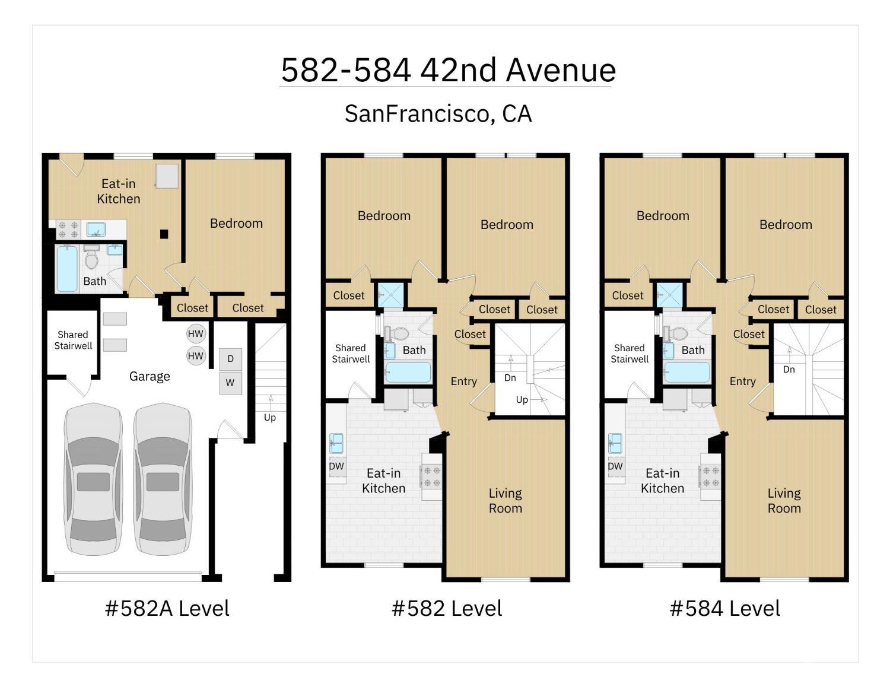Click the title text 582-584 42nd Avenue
pos(448,70)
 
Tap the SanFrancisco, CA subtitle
pos(438,114)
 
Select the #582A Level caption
pos(167,608)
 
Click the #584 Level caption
pos(724,608)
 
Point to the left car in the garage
pos(93,479)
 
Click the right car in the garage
pos(163,479)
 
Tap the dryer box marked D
pos(230,358)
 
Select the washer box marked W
pos(230,383)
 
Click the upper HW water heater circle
pos(195,333)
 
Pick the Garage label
pos(150,376)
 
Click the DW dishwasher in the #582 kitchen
pos(336,466)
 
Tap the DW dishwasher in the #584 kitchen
pos(615,466)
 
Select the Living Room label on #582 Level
pos(505,501)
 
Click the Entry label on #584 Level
pos(742,381)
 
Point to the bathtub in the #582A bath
pos(67,269)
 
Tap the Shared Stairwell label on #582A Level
pos(73,340)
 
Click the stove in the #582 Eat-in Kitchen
pos(431,476)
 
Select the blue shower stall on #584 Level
pos(669,295)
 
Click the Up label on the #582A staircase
pos(269,418)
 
